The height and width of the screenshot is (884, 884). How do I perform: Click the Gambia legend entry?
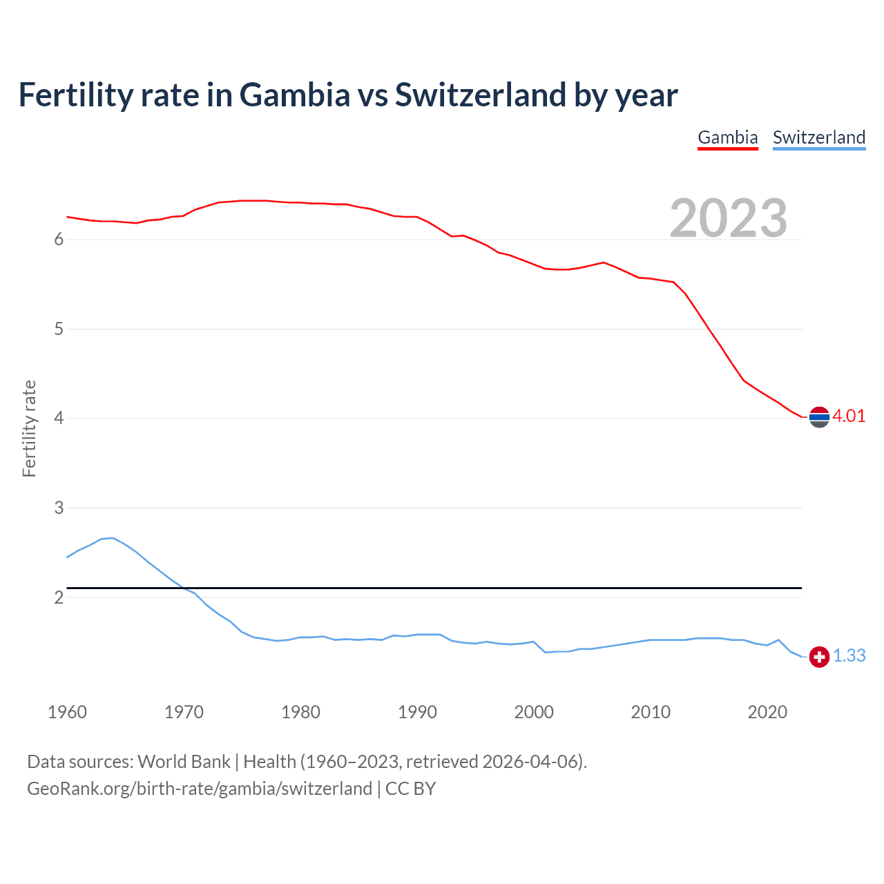pyautogui.click(x=728, y=137)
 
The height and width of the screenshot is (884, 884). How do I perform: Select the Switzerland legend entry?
pyautogui.click(x=818, y=137)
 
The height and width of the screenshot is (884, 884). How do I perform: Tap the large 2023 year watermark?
pyautogui.click(x=729, y=218)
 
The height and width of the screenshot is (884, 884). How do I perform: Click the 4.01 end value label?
pyautogui.click(x=849, y=416)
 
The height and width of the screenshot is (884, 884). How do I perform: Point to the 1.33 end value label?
pyautogui.click(x=849, y=655)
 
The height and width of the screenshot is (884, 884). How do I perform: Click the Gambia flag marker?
pyautogui.click(x=819, y=417)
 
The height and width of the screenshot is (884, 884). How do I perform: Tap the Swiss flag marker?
pyautogui.click(x=819, y=657)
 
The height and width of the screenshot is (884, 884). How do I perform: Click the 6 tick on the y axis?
pyautogui.click(x=59, y=240)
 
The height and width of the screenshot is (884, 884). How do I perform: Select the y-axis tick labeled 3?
pyautogui.click(x=59, y=508)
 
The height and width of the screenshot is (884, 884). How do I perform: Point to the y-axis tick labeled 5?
pyautogui.click(x=59, y=329)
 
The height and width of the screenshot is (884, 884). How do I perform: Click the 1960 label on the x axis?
pyautogui.click(x=67, y=712)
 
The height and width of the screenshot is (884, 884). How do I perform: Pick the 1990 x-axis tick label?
pyautogui.click(x=417, y=712)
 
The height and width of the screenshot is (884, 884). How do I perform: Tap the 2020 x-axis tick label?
pyautogui.click(x=767, y=712)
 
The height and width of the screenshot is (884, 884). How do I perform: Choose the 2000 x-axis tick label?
pyautogui.click(x=534, y=712)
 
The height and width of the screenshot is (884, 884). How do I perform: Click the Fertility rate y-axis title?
pyautogui.click(x=29, y=428)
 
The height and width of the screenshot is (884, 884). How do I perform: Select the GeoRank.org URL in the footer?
pyautogui.click(x=200, y=789)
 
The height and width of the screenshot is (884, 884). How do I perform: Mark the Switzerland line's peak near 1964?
pyautogui.click(x=113, y=537)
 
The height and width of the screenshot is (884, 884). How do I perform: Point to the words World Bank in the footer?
pyautogui.click(x=184, y=762)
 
